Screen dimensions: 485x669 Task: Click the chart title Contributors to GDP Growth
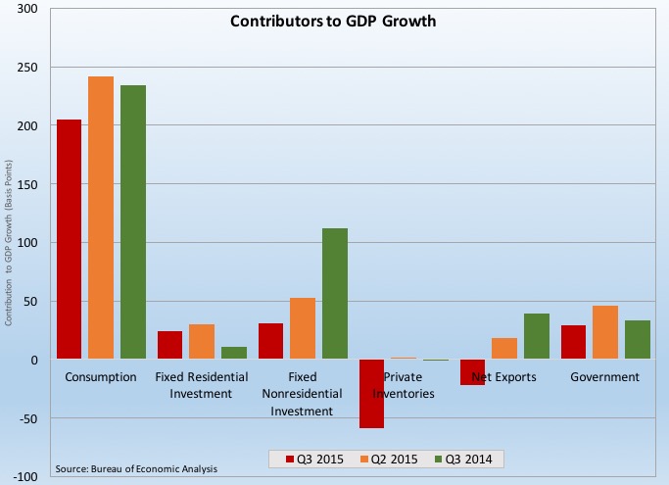point(334,21)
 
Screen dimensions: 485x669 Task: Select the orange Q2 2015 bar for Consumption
point(101,218)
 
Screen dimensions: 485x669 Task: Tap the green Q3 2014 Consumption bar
point(133,222)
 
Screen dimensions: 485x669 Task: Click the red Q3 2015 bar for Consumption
point(69,239)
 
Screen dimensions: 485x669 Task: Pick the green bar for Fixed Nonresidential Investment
point(334,294)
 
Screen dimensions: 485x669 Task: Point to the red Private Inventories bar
point(371,394)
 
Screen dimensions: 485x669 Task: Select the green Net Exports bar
point(536,336)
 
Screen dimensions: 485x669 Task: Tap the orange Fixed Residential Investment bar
point(202,342)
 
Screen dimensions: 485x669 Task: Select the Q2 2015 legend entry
point(383,459)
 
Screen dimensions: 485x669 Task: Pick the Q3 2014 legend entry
point(456,459)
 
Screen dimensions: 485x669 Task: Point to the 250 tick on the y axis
point(27,68)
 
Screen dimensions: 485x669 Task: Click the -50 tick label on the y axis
point(27,418)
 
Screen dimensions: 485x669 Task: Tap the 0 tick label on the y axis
point(33,360)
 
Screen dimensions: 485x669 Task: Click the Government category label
point(604,376)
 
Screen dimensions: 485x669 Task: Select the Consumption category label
point(101,376)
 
